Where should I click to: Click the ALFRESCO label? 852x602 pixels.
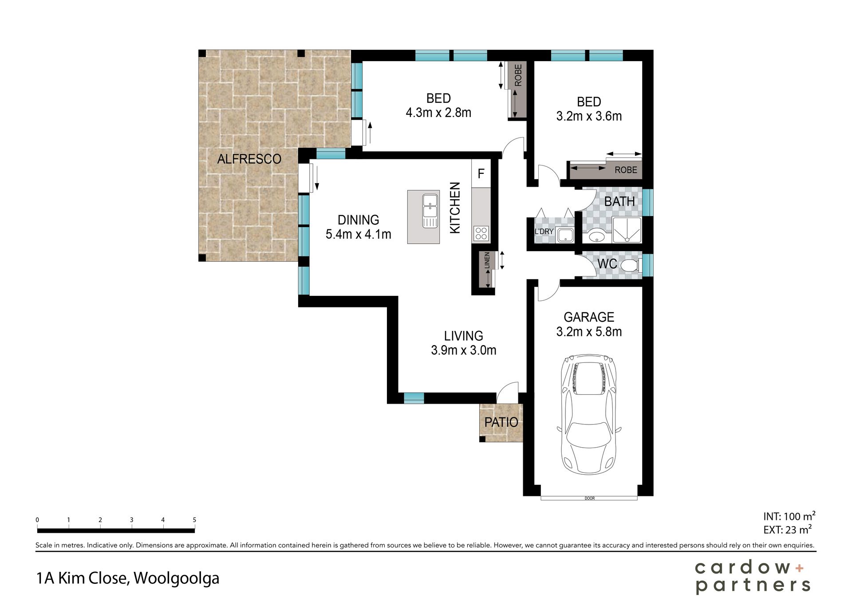(249, 159)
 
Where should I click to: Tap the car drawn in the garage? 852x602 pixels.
(589, 414)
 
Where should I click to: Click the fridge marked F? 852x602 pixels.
(481, 173)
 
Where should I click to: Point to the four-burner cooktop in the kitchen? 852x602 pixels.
(481, 233)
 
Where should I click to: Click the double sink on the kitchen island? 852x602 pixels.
(430, 211)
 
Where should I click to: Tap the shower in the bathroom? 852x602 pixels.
(627, 230)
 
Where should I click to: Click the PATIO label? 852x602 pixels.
(501, 422)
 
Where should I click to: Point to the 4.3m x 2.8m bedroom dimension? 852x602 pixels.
(438, 113)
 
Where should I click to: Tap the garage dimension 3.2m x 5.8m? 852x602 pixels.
(589, 332)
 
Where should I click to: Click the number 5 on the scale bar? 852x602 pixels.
(194, 519)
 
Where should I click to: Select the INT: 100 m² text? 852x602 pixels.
(789, 516)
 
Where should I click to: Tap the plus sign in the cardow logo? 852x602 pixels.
(799, 568)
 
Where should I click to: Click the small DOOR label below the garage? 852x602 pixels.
(590, 498)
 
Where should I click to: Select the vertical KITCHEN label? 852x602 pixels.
(455, 208)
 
